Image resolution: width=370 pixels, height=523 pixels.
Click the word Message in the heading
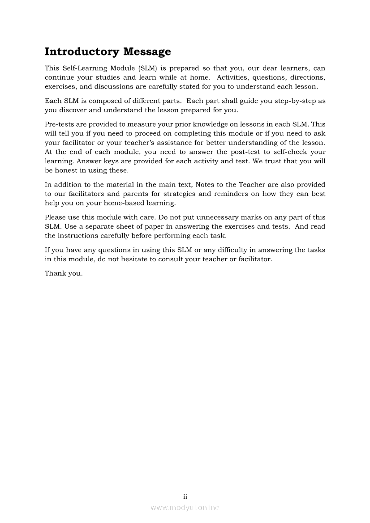click(x=147, y=52)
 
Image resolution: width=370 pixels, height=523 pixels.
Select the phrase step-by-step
click(x=297, y=101)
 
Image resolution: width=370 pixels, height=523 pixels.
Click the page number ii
click(x=185, y=497)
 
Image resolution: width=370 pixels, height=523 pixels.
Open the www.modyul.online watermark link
click(x=185, y=507)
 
